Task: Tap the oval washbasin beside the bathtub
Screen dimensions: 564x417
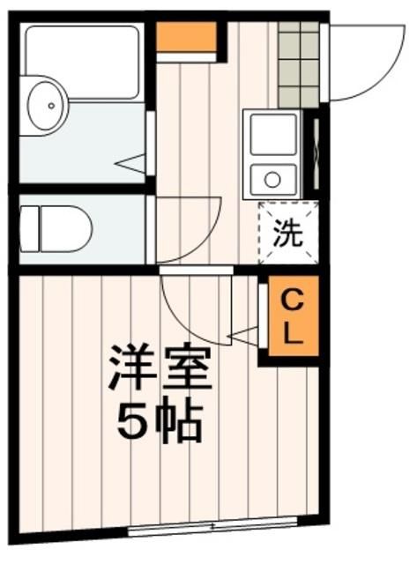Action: (44, 106)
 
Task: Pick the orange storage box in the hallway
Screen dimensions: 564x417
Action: (186, 36)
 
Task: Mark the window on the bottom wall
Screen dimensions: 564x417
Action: (212, 531)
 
